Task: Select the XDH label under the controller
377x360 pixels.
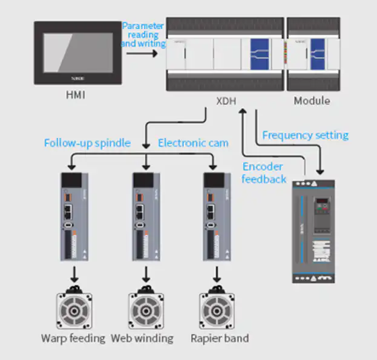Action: pos(225,101)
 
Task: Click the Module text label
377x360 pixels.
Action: pos(312,100)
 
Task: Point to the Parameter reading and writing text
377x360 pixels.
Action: pos(143,35)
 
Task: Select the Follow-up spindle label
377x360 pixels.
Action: pos(87,143)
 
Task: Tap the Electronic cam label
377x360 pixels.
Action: pos(193,143)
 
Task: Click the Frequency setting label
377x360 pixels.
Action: pos(306,135)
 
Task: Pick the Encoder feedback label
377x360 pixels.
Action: pos(264,173)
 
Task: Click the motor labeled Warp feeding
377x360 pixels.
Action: pos(74,310)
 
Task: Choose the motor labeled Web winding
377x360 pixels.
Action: pos(146,310)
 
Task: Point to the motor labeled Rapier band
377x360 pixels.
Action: pos(217,310)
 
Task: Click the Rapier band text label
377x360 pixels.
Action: pos(219,338)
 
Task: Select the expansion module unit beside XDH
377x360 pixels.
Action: pos(312,54)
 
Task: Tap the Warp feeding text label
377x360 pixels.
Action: pos(73,338)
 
